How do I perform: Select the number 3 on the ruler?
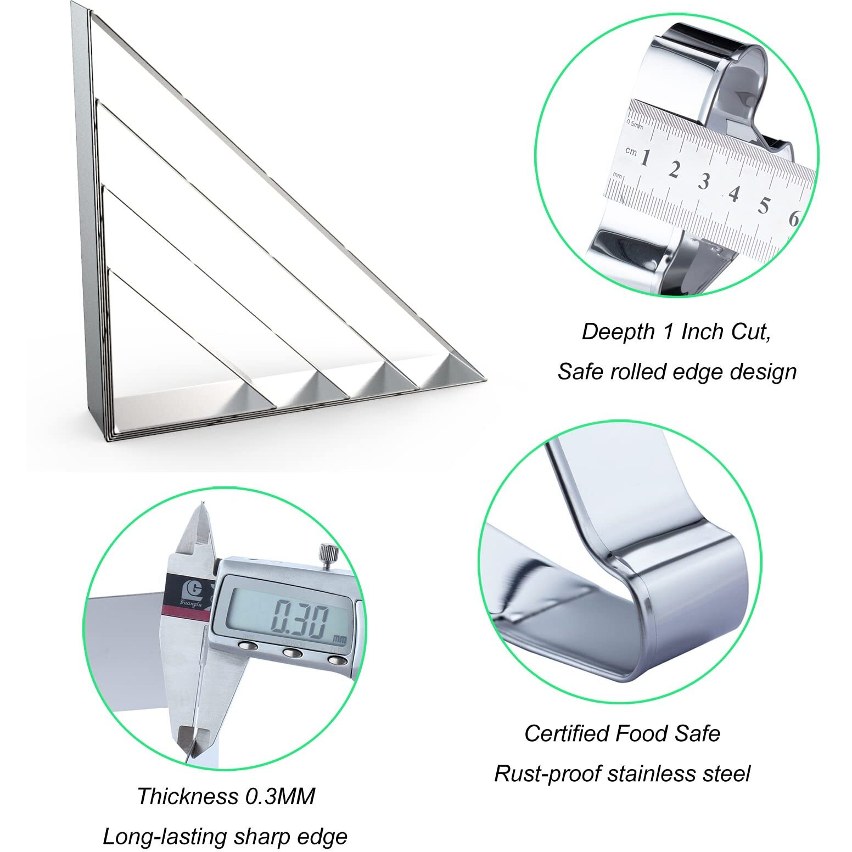704,181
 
